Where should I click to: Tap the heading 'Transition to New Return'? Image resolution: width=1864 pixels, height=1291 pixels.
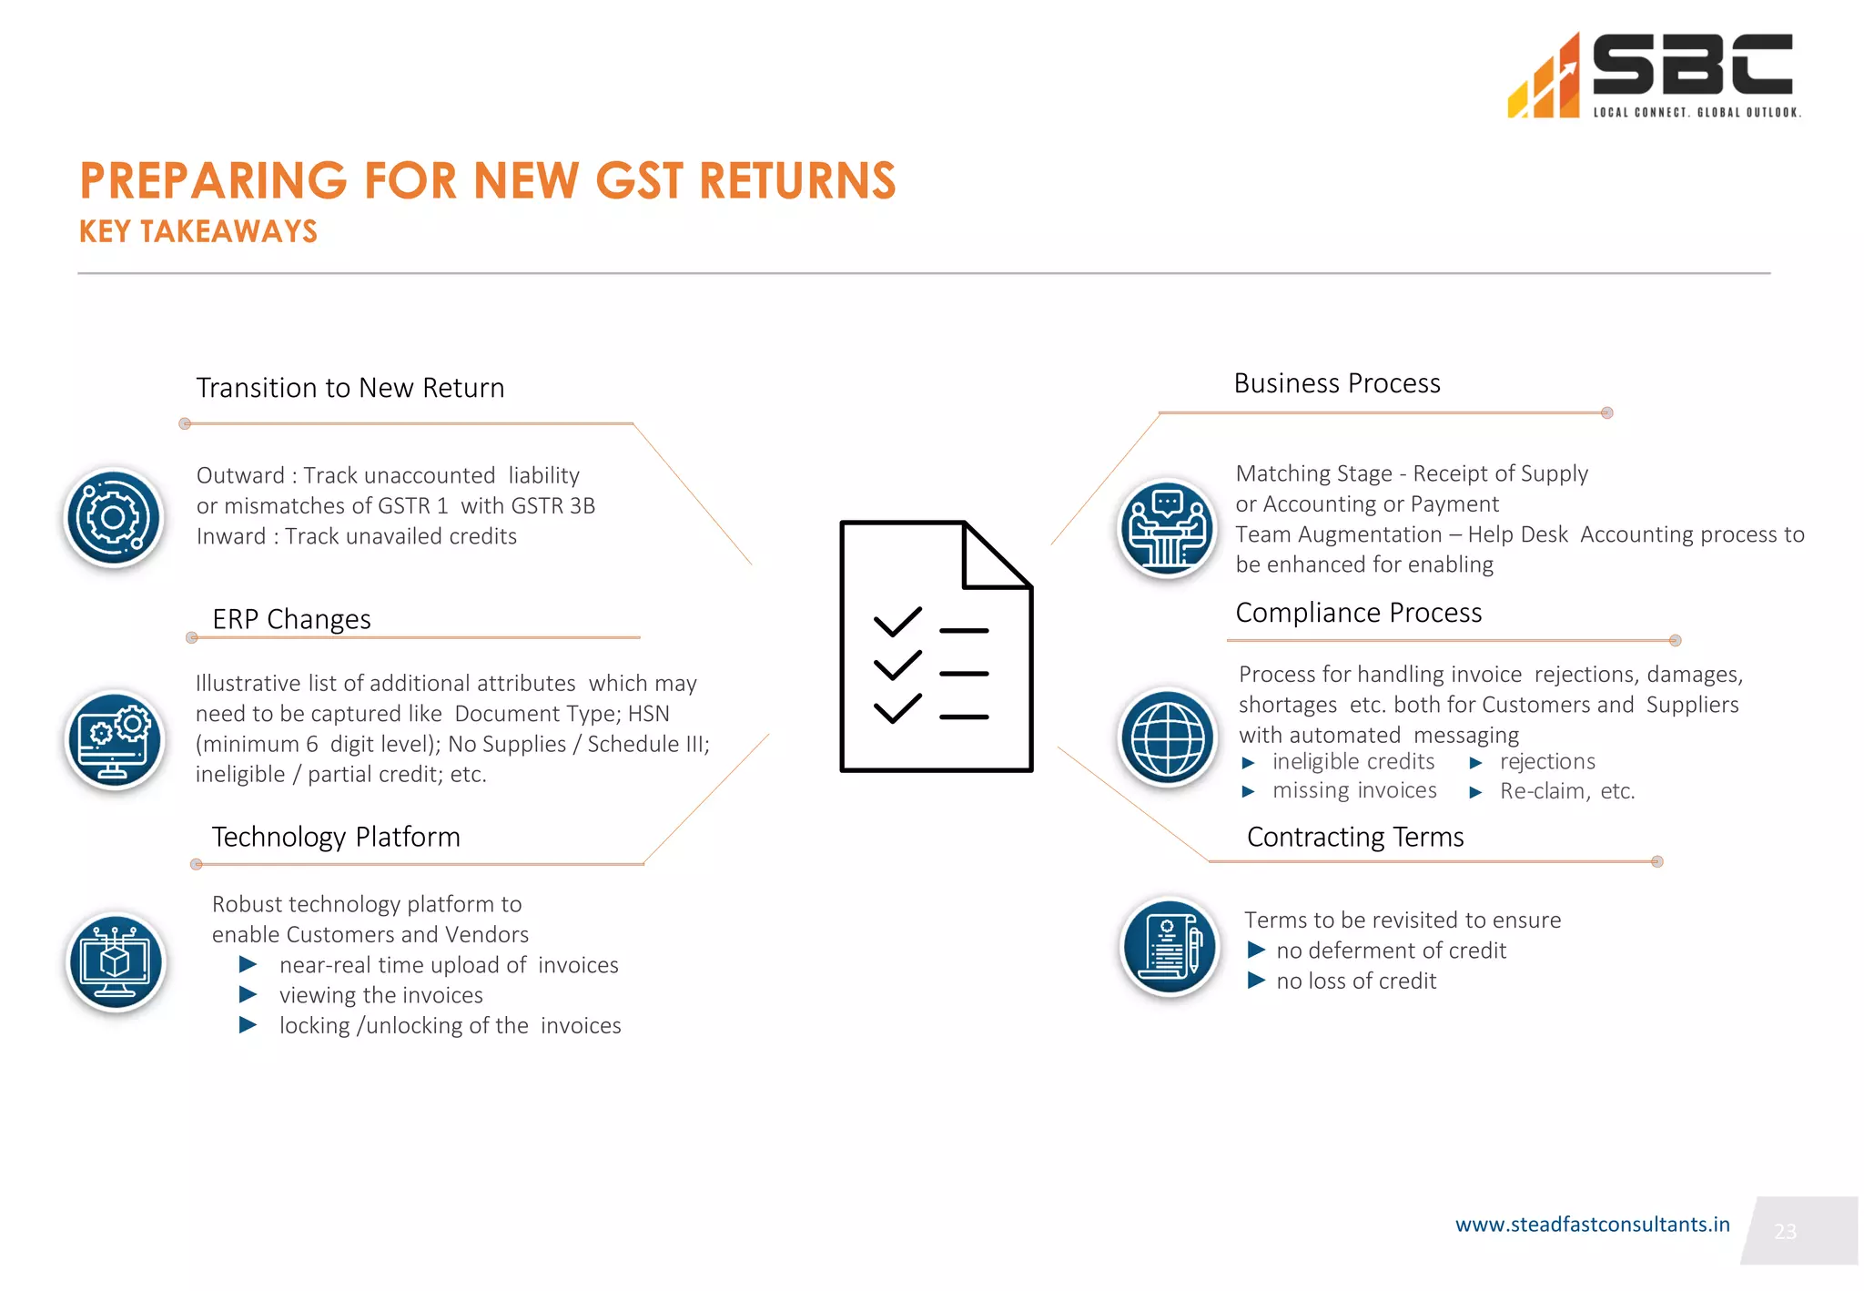coord(350,388)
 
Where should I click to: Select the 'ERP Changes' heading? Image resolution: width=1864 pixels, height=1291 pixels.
coord(291,619)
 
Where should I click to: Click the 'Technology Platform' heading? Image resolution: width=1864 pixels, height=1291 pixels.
coord(336,837)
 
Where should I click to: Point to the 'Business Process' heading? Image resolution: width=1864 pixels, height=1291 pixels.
coord(1336,383)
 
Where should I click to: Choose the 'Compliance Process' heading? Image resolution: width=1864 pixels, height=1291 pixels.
coord(1358,613)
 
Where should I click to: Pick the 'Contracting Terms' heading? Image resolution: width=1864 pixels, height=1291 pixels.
coord(1354,837)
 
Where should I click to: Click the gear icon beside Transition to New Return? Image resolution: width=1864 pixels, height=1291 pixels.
coord(114,518)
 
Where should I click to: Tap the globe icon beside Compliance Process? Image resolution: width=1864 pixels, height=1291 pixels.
coord(1168,737)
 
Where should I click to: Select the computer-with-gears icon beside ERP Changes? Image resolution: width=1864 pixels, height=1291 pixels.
coord(115,740)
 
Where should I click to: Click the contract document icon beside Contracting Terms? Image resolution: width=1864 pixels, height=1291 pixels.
coord(1169,947)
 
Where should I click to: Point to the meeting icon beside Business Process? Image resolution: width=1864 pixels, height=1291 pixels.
coord(1167,529)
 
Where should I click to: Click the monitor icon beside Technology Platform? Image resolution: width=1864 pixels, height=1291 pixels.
coord(116,962)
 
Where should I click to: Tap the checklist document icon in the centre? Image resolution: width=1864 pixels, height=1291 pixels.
coord(936,646)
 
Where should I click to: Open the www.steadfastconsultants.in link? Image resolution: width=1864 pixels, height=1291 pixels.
coord(1592,1225)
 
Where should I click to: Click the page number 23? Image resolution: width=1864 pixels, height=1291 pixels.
coord(1785,1232)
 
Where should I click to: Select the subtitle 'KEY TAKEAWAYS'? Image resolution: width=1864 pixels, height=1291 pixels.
coord(198,232)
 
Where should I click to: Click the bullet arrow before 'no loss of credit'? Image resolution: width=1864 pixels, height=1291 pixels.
coord(1256,981)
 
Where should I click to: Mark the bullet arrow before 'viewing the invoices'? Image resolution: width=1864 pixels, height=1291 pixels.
coord(248,994)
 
